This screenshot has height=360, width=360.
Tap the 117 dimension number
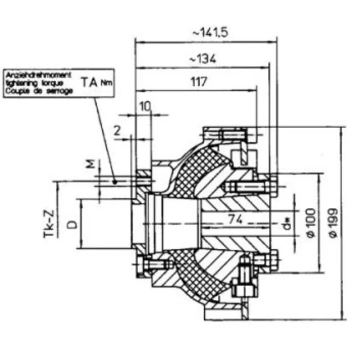click(x=198, y=82)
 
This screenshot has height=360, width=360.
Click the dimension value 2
click(x=117, y=130)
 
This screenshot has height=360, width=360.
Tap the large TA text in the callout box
click(x=90, y=82)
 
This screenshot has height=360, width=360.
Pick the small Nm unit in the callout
click(x=105, y=83)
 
